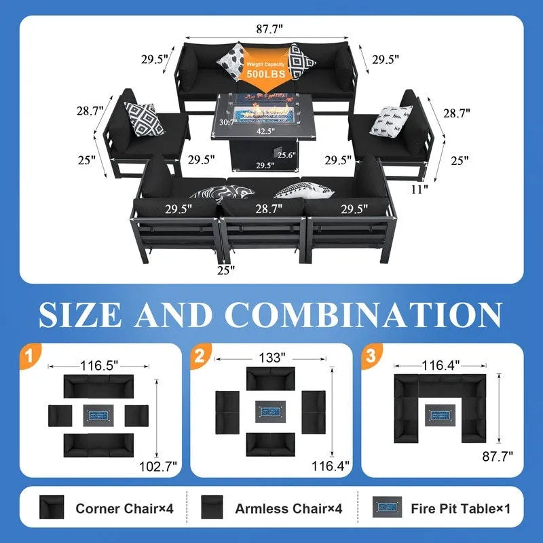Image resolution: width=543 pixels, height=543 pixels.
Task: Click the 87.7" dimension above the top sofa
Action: [269, 29]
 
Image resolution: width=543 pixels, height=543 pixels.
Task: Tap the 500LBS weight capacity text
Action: [266, 74]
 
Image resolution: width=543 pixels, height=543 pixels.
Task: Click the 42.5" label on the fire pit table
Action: [265, 131]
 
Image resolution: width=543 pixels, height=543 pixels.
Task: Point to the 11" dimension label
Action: [419, 189]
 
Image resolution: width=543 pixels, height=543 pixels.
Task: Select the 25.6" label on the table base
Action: [286, 155]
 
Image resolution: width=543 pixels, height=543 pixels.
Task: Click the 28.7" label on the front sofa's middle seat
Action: [269, 209]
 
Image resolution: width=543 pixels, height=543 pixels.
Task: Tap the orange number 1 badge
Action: [30, 356]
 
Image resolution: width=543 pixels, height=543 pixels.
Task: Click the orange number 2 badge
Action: [200, 356]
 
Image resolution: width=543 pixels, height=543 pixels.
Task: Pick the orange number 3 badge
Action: [371, 356]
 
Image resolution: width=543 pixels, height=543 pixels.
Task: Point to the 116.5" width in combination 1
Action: [99, 365]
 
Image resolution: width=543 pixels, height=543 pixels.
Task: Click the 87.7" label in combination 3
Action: [498, 456]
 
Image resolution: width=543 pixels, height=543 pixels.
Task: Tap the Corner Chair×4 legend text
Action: [125, 508]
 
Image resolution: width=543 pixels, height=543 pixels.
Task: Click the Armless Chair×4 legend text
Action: [288, 508]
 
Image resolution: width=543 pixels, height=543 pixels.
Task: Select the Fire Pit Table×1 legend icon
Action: [387, 507]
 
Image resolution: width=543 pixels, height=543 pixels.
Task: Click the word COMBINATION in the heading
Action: [364, 314]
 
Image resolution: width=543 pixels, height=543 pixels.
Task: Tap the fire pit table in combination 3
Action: [439, 415]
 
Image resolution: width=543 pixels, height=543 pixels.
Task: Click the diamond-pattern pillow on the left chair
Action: [144, 119]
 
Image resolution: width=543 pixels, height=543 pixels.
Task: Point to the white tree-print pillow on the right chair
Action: [391, 120]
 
